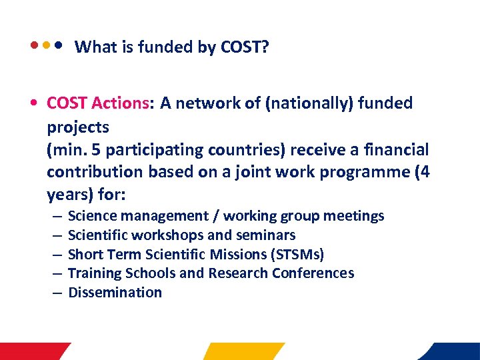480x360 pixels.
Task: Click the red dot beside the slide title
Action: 34,47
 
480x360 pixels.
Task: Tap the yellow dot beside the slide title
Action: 46,47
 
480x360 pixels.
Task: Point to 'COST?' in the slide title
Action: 245,47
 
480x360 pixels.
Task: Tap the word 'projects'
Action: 78,126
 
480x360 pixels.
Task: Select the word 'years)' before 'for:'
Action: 69,195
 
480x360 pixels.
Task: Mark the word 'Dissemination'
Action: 115,293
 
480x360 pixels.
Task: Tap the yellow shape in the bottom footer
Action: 243,351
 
